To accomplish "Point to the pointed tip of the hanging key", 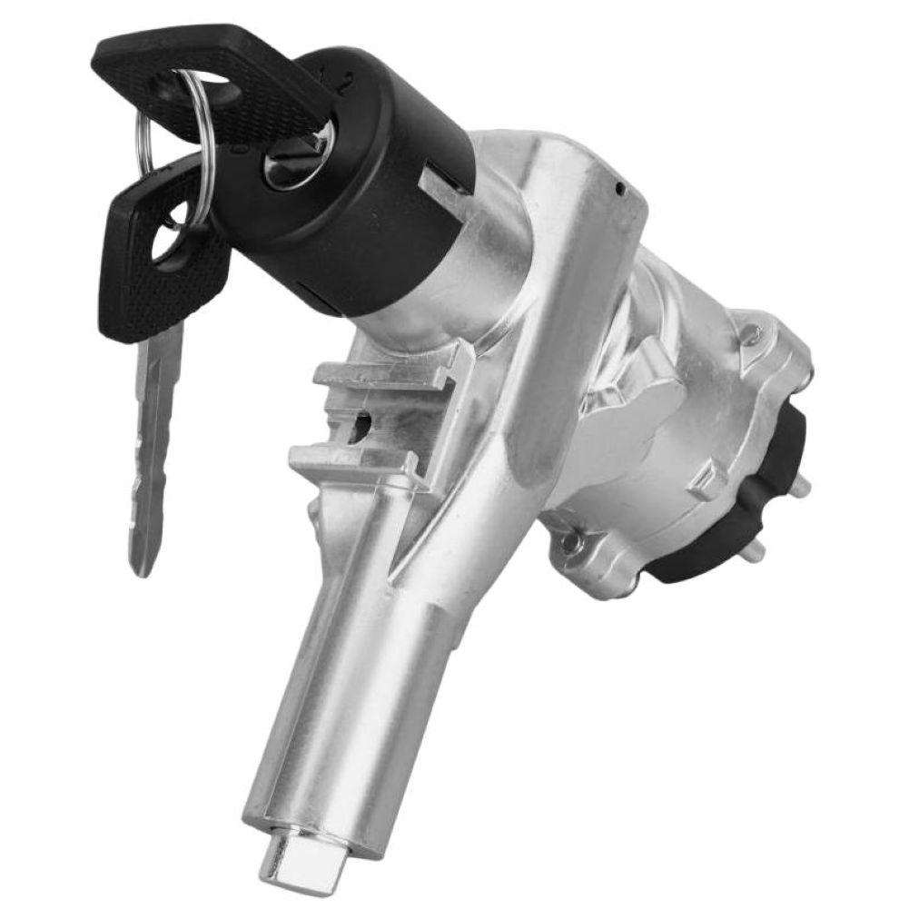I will (140, 567).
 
